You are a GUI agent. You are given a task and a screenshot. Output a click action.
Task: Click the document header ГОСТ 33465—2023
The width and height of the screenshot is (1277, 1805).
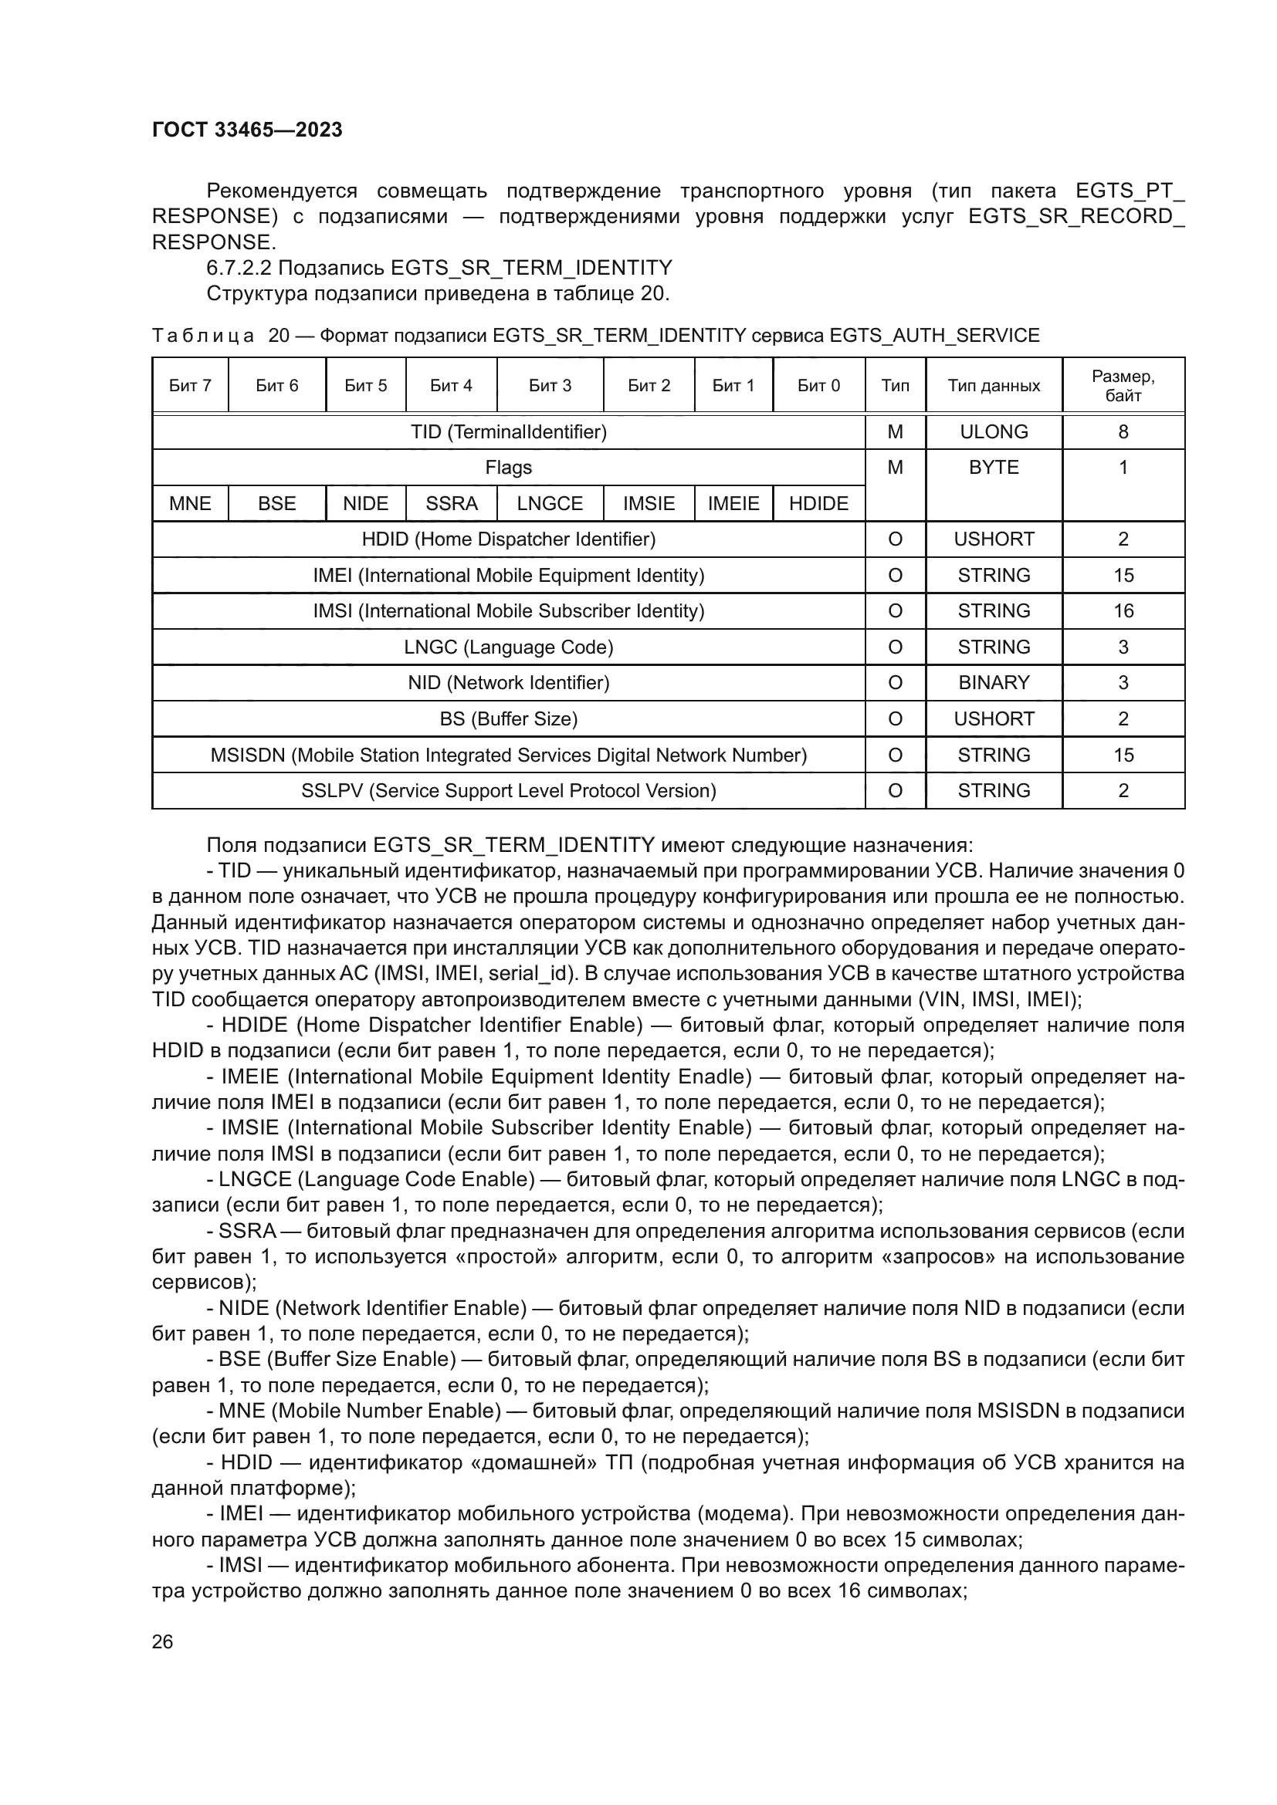(x=247, y=130)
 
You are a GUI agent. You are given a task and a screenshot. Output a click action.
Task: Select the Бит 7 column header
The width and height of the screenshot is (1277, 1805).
(x=190, y=385)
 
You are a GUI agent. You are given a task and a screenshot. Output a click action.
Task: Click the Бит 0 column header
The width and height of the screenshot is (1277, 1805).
(x=818, y=385)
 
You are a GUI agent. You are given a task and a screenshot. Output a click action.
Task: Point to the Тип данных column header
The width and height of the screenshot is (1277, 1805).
(x=993, y=385)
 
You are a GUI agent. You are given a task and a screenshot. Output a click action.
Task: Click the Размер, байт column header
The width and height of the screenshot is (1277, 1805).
(x=1122, y=385)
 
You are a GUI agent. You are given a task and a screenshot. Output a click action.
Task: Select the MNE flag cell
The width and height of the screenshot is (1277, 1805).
(x=190, y=503)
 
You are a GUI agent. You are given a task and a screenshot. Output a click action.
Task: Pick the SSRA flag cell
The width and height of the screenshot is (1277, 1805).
(x=452, y=503)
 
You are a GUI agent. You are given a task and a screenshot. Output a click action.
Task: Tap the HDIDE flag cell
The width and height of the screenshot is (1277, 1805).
(x=818, y=503)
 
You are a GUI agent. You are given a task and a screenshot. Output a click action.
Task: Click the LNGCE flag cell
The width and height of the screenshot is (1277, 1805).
(x=550, y=503)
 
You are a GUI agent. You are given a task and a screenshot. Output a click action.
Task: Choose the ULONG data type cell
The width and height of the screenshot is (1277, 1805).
(x=993, y=431)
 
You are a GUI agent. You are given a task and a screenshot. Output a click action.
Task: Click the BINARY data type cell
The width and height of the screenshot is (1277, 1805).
(x=993, y=682)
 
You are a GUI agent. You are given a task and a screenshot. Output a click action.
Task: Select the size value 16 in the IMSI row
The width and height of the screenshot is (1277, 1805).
(x=1123, y=611)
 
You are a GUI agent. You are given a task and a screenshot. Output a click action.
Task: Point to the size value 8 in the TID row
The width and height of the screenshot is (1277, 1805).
(x=1123, y=431)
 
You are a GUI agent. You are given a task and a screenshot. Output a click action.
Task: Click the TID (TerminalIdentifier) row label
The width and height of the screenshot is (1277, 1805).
(x=509, y=431)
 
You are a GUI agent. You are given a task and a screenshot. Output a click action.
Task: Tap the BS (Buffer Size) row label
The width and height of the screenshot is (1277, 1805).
(x=509, y=718)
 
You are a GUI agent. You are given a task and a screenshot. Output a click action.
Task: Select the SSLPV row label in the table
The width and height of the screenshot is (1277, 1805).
(x=509, y=790)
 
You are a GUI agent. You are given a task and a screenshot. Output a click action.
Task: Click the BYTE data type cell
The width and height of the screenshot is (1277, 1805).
(x=993, y=468)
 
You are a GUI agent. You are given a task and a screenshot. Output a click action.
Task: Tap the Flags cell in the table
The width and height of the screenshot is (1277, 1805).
(x=509, y=468)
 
